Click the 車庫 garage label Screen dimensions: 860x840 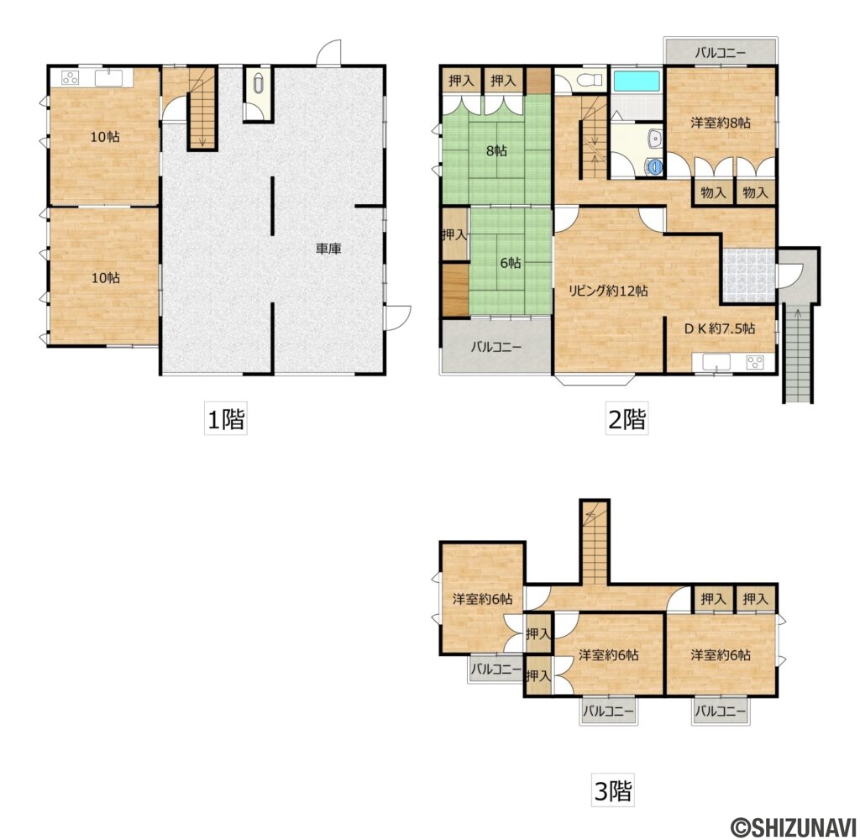coord(328,249)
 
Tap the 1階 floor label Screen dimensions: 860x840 coord(225,420)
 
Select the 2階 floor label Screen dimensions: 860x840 coord(627,420)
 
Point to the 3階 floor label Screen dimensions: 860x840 coord(612,790)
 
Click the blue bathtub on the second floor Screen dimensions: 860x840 coord(637,81)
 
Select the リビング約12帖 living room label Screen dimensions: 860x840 coord(607,291)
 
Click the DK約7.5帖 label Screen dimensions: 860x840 coord(720,328)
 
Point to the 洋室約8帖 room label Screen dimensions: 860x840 coord(720,123)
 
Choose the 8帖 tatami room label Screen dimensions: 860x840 coord(496,150)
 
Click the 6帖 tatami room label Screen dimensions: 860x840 coord(510,263)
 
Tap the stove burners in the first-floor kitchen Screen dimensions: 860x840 coord(71,78)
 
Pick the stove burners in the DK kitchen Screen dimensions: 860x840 coord(755,362)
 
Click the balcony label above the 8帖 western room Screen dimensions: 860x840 coord(720,53)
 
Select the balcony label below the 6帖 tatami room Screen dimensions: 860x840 coord(496,347)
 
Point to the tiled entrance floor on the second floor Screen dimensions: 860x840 coord(748,276)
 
